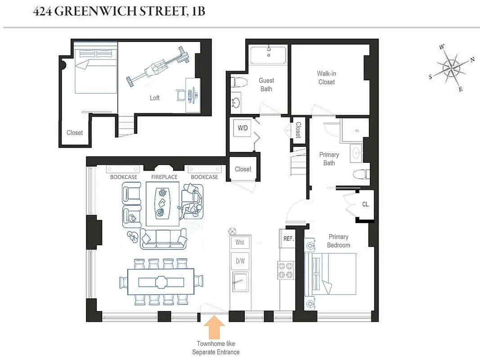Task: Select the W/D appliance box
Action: (242, 128)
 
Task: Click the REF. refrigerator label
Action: (288, 239)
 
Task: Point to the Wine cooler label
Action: (240, 243)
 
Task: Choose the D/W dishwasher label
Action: (240, 260)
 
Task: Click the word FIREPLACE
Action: (164, 177)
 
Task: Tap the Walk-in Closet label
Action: (327, 78)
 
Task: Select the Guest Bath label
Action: (266, 85)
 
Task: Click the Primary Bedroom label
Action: (338, 241)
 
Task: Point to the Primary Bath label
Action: (329, 159)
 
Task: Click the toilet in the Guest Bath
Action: (238, 83)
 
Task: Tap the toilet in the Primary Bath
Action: (361, 173)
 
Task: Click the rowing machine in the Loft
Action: (157, 69)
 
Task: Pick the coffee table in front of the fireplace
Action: (162, 204)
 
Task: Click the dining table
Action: (161, 282)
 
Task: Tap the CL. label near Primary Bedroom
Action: (366, 204)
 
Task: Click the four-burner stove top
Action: (287, 270)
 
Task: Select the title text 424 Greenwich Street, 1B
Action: (119, 11)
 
